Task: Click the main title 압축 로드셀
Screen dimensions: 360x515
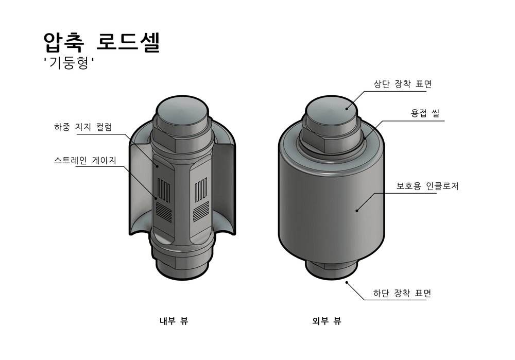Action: (x=102, y=43)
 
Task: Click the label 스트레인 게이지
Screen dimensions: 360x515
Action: (x=85, y=160)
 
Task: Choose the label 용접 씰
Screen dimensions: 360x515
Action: (x=425, y=113)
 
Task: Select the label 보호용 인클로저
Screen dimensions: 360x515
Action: (x=427, y=186)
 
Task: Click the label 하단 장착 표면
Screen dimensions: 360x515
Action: (x=402, y=294)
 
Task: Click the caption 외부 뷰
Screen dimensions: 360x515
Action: (x=327, y=321)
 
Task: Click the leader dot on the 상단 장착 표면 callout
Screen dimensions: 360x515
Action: (x=347, y=108)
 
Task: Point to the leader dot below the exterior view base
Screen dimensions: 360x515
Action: (x=347, y=282)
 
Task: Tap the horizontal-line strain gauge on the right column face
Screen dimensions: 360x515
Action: (x=200, y=210)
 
